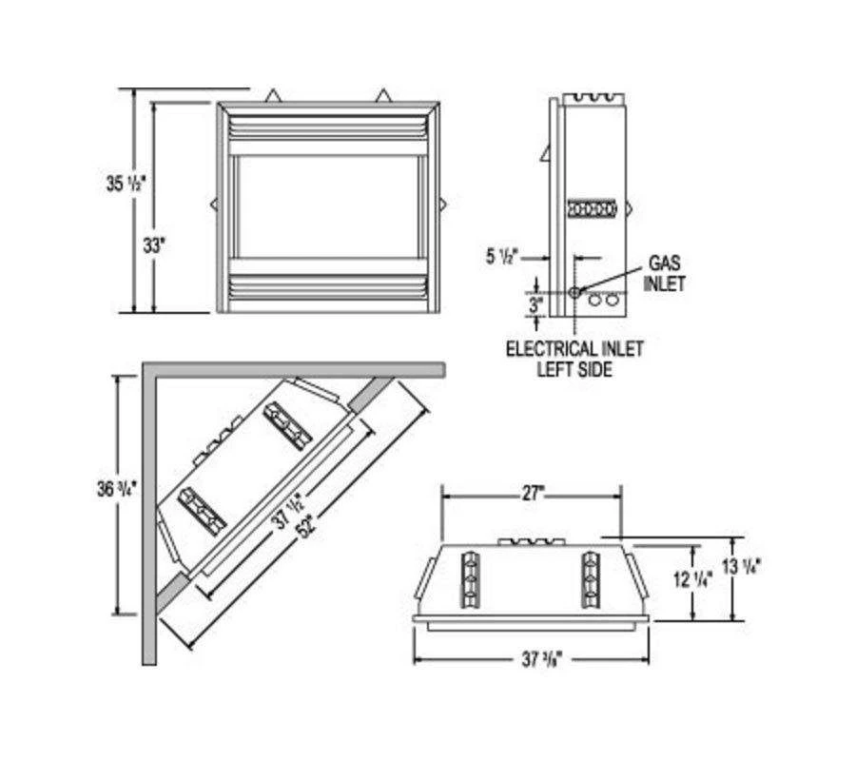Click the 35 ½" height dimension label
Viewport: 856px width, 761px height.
click(126, 184)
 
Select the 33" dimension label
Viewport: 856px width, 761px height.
click(154, 245)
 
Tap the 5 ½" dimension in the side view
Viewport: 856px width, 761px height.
click(501, 257)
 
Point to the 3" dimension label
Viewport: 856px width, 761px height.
click(535, 304)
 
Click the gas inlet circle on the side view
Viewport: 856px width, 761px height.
click(574, 292)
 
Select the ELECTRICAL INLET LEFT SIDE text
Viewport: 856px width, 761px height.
click(574, 359)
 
